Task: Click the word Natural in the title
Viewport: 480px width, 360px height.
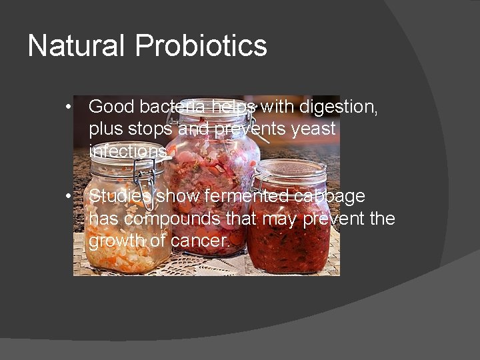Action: pos(76,46)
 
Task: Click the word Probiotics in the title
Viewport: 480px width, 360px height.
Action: pos(201,46)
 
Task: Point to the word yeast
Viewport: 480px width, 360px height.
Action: pos(313,129)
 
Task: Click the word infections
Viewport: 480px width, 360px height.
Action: pos(128,151)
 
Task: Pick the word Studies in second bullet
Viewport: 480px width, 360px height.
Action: pos(121,196)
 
